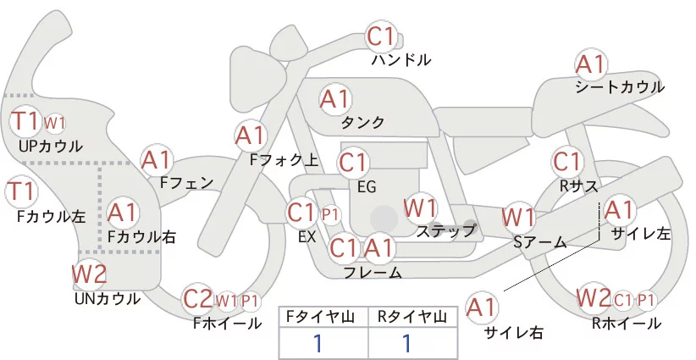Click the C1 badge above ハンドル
pyautogui.click(x=381, y=37)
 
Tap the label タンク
pyautogui.click(x=362, y=123)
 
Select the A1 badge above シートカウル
pyautogui.click(x=590, y=64)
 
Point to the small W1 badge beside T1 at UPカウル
pyautogui.click(x=53, y=123)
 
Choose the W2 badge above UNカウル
pyautogui.click(x=89, y=274)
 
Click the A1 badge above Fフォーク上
pyautogui.click(x=250, y=135)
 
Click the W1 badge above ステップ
pyautogui.click(x=420, y=207)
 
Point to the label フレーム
pyautogui.click(x=373, y=272)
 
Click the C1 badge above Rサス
pyautogui.click(x=566, y=161)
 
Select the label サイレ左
pyautogui.click(x=640, y=233)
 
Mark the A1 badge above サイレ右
pyautogui.click(x=483, y=308)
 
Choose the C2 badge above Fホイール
pyautogui.click(x=199, y=298)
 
